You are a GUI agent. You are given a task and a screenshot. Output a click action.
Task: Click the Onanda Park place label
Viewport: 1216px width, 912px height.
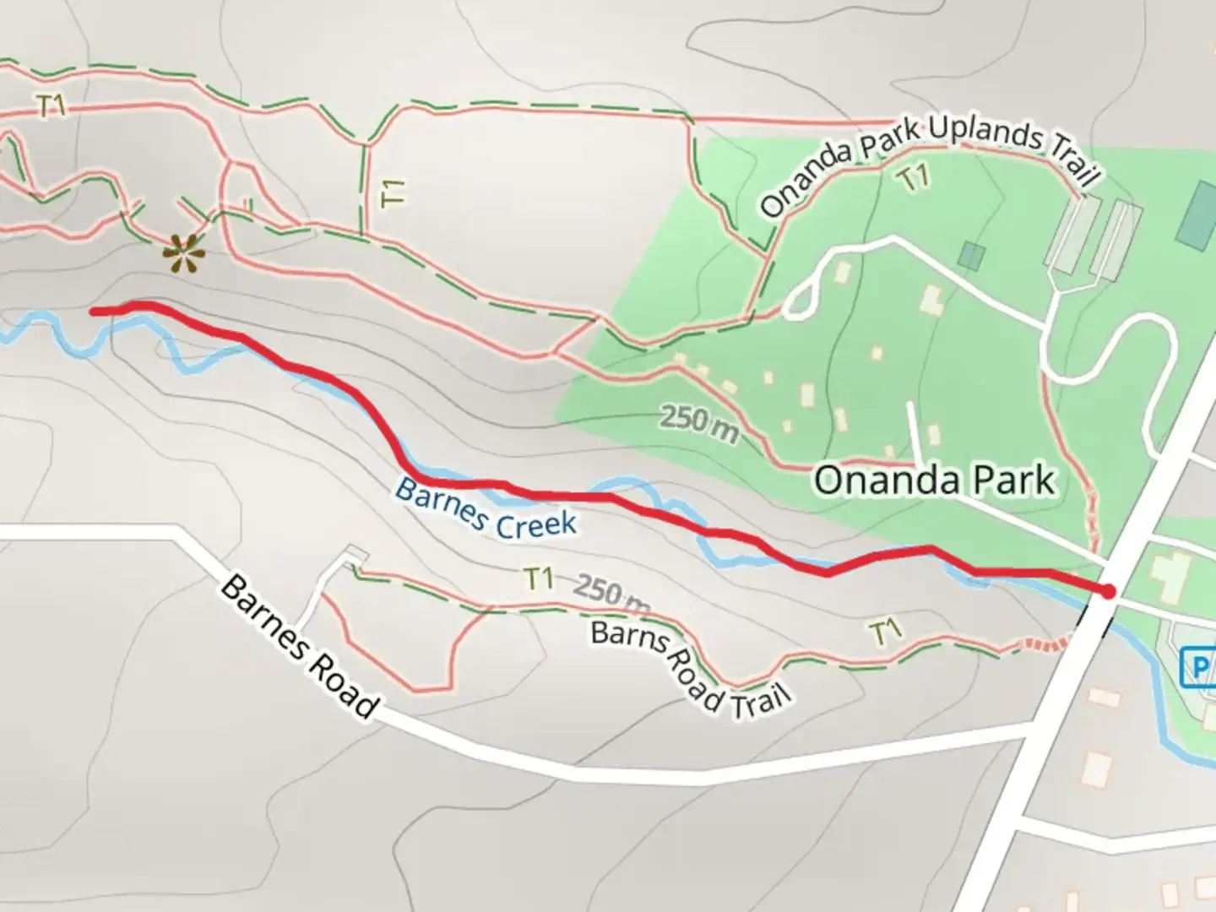coord(934,480)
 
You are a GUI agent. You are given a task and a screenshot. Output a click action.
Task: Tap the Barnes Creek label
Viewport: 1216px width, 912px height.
coord(486,509)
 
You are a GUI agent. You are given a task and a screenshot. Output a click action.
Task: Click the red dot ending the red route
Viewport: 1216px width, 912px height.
coord(1107,592)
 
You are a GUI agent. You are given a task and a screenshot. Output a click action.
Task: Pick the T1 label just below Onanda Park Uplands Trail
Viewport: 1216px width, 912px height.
coord(913,178)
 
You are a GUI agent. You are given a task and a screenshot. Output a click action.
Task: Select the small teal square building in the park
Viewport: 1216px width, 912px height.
coord(972,255)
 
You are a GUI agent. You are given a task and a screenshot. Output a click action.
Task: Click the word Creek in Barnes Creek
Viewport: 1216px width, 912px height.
coord(535,524)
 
